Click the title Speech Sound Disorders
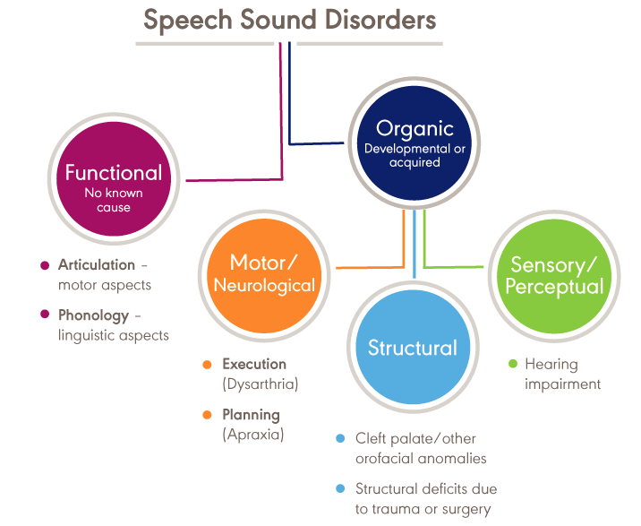(x=289, y=20)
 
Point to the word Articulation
(x=97, y=265)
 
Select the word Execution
(x=254, y=365)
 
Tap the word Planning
(x=252, y=415)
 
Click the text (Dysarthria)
(x=260, y=384)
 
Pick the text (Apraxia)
(x=253, y=435)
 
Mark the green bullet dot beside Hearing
(x=513, y=365)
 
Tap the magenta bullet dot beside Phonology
(x=45, y=315)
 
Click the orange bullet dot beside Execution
(x=208, y=365)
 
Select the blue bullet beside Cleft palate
(x=340, y=439)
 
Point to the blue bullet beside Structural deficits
(x=340, y=489)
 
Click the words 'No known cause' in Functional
(x=114, y=200)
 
